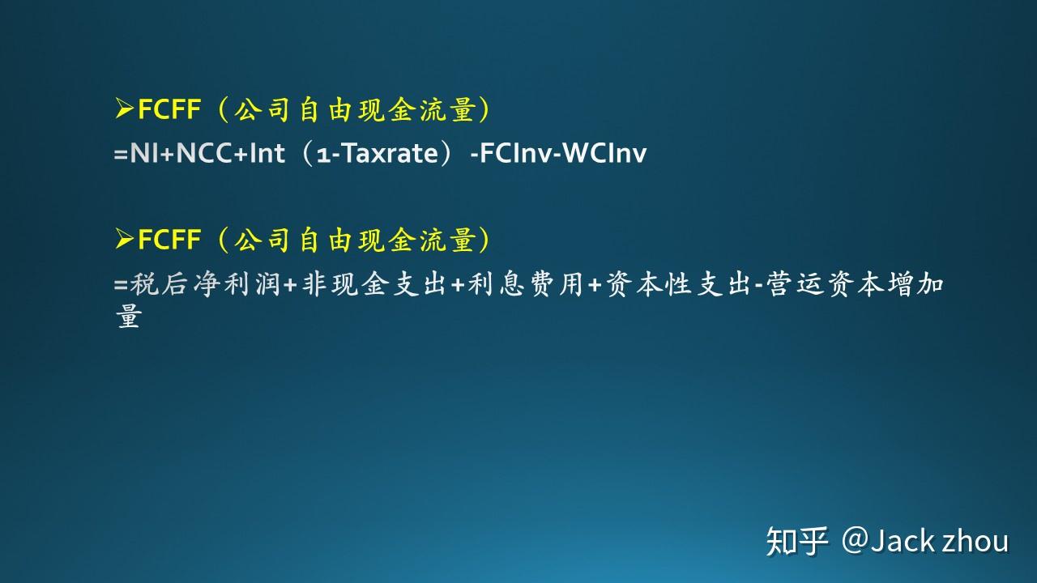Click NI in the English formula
(144, 153)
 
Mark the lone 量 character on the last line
(129, 317)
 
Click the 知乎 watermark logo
(797, 541)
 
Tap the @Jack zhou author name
(925, 540)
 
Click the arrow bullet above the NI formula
(124, 109)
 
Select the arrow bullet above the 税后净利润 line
(124, 239)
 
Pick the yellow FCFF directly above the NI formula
(169, 109)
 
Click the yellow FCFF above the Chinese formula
(169, 240)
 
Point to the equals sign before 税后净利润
(122, 286)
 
